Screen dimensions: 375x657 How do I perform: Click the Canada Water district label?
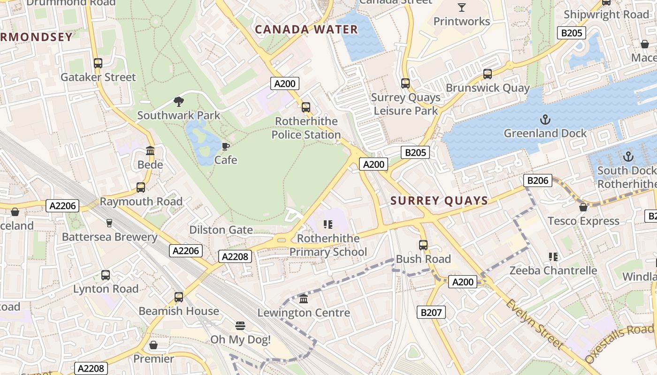pyautogui.click(x=306, y=30)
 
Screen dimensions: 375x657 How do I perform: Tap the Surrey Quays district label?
pyautogui.click(x=439, y=201)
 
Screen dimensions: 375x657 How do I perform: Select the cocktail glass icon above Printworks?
pyautogui.click(x=462, y=7)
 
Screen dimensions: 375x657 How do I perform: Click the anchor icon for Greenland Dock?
pyautogui.click(x=545, y=120)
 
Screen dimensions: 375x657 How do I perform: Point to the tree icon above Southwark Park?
pyautogui.click(x=178, y=101)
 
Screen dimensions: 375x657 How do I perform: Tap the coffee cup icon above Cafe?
pyautogui.click(x=226, y=146)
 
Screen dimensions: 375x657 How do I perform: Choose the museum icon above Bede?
pyautogui.click(x=150, y=151)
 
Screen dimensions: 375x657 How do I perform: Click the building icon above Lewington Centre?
pyautogui.click(x=304, y=299)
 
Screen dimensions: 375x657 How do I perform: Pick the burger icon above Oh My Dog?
pyautogui.click(x=240, y=326)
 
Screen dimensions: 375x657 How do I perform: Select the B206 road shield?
pyautogui.click(x=538, y=180)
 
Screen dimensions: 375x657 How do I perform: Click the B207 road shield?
pyautogui.click(x=431, y=312)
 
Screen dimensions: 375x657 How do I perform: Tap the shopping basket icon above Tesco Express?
pyautogui.click(x=583, y=207)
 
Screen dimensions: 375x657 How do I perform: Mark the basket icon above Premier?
pyautogui.click(x=153, y=345)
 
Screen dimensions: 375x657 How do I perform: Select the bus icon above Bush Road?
pyautogui.click(x=423, y=245)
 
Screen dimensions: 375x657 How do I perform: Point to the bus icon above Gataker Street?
pyautogui.click(x=98, y=63)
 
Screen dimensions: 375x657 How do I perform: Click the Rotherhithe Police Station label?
pyautogui.click(x=306, y=128)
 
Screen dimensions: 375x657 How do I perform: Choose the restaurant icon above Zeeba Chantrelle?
pyautogui.click(x=553, y=257)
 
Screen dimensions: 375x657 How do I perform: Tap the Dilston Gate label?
pyautogui.click(x=221, y=230)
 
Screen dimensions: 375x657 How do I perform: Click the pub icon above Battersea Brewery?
pyautogui.click(x=109, y=223)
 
